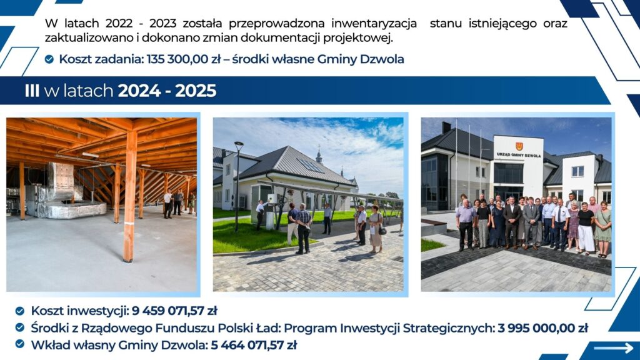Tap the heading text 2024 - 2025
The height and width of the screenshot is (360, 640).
tap(167, 91)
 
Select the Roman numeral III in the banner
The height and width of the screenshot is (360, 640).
tap(32, 91)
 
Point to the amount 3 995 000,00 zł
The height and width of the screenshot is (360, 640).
tap(542, 327)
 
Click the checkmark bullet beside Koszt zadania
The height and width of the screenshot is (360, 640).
tap(49, 59)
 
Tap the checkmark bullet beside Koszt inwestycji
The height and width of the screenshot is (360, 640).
tap(20, 311)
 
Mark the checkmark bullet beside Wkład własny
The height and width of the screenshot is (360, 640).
tap(20, 344)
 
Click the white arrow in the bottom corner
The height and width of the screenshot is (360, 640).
tap(613, 348)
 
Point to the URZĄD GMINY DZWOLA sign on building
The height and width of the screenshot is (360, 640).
tap(518, 154)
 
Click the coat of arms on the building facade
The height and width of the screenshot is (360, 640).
tap(518, 146)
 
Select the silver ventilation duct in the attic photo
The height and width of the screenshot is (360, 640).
tap(61, 181)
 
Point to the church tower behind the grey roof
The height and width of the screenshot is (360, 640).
tap(319, 154)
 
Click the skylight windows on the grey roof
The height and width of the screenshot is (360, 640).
tap(310, 165)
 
